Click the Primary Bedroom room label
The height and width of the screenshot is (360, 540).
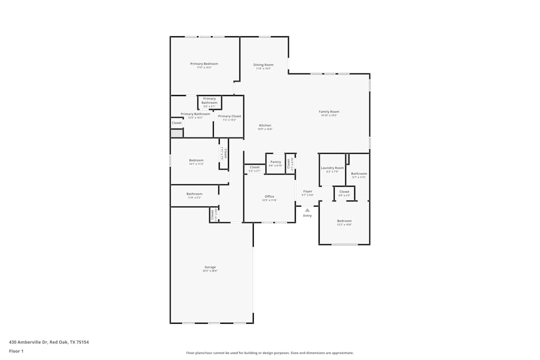(x=204, y=64)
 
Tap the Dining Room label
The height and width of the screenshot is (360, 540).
(x=264, y=65)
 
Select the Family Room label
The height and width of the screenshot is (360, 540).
(x=329, y=112)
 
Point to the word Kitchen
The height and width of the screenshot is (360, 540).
(x=265, y=125)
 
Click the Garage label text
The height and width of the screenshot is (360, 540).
(x=210, y=267)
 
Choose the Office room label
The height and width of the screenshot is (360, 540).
(x=269, y=196)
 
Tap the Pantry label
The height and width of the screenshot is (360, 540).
(x=275, y=162)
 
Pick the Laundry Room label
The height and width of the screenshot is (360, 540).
(x=332, y=168)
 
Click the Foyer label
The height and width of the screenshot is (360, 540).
(x=308, y=191)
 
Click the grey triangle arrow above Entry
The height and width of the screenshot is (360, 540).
(x=307, y=209)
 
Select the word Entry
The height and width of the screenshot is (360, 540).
(x=307, y=215)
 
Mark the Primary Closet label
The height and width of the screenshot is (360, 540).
(x=230, y=116)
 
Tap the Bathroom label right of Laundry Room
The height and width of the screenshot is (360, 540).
(x=359, y=174)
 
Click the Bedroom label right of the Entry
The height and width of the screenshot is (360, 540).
(x=345, y=221)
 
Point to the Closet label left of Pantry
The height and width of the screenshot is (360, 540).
(x=254, y=167)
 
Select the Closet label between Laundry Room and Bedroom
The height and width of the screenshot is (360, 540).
(x=344, y=192)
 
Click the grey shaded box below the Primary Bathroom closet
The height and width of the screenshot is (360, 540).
(x=177, y=133)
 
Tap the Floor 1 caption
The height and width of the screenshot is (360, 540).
(x=16, y=351)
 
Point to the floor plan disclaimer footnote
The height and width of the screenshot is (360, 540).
(x=270, y=353)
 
